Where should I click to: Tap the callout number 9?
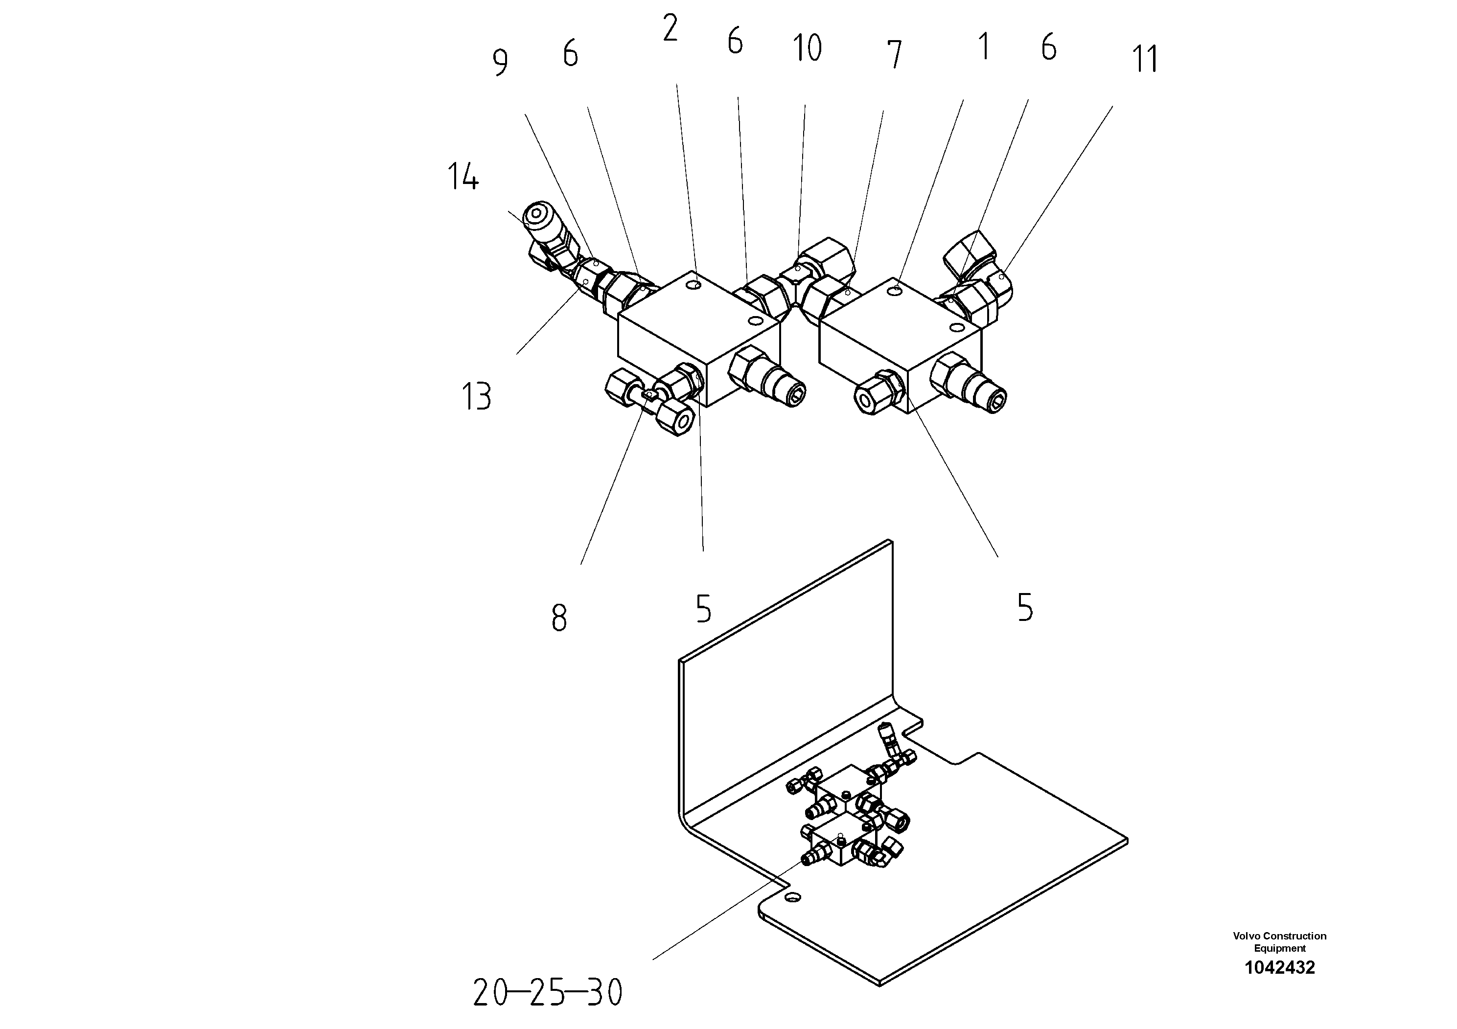tap(500, 63)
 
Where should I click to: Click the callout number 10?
tap(807, 48)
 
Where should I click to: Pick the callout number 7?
tap(894, 55)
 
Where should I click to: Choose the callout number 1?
tap(984, 47)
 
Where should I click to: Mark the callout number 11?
tap(1145, 59)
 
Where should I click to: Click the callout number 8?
tap(558, 618)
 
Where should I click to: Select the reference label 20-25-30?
tap(548, 993)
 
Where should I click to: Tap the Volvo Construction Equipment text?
tap(1279, 941)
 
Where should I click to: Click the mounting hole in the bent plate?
tap(792, 896)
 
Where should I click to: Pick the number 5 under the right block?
tap(1025, 607)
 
